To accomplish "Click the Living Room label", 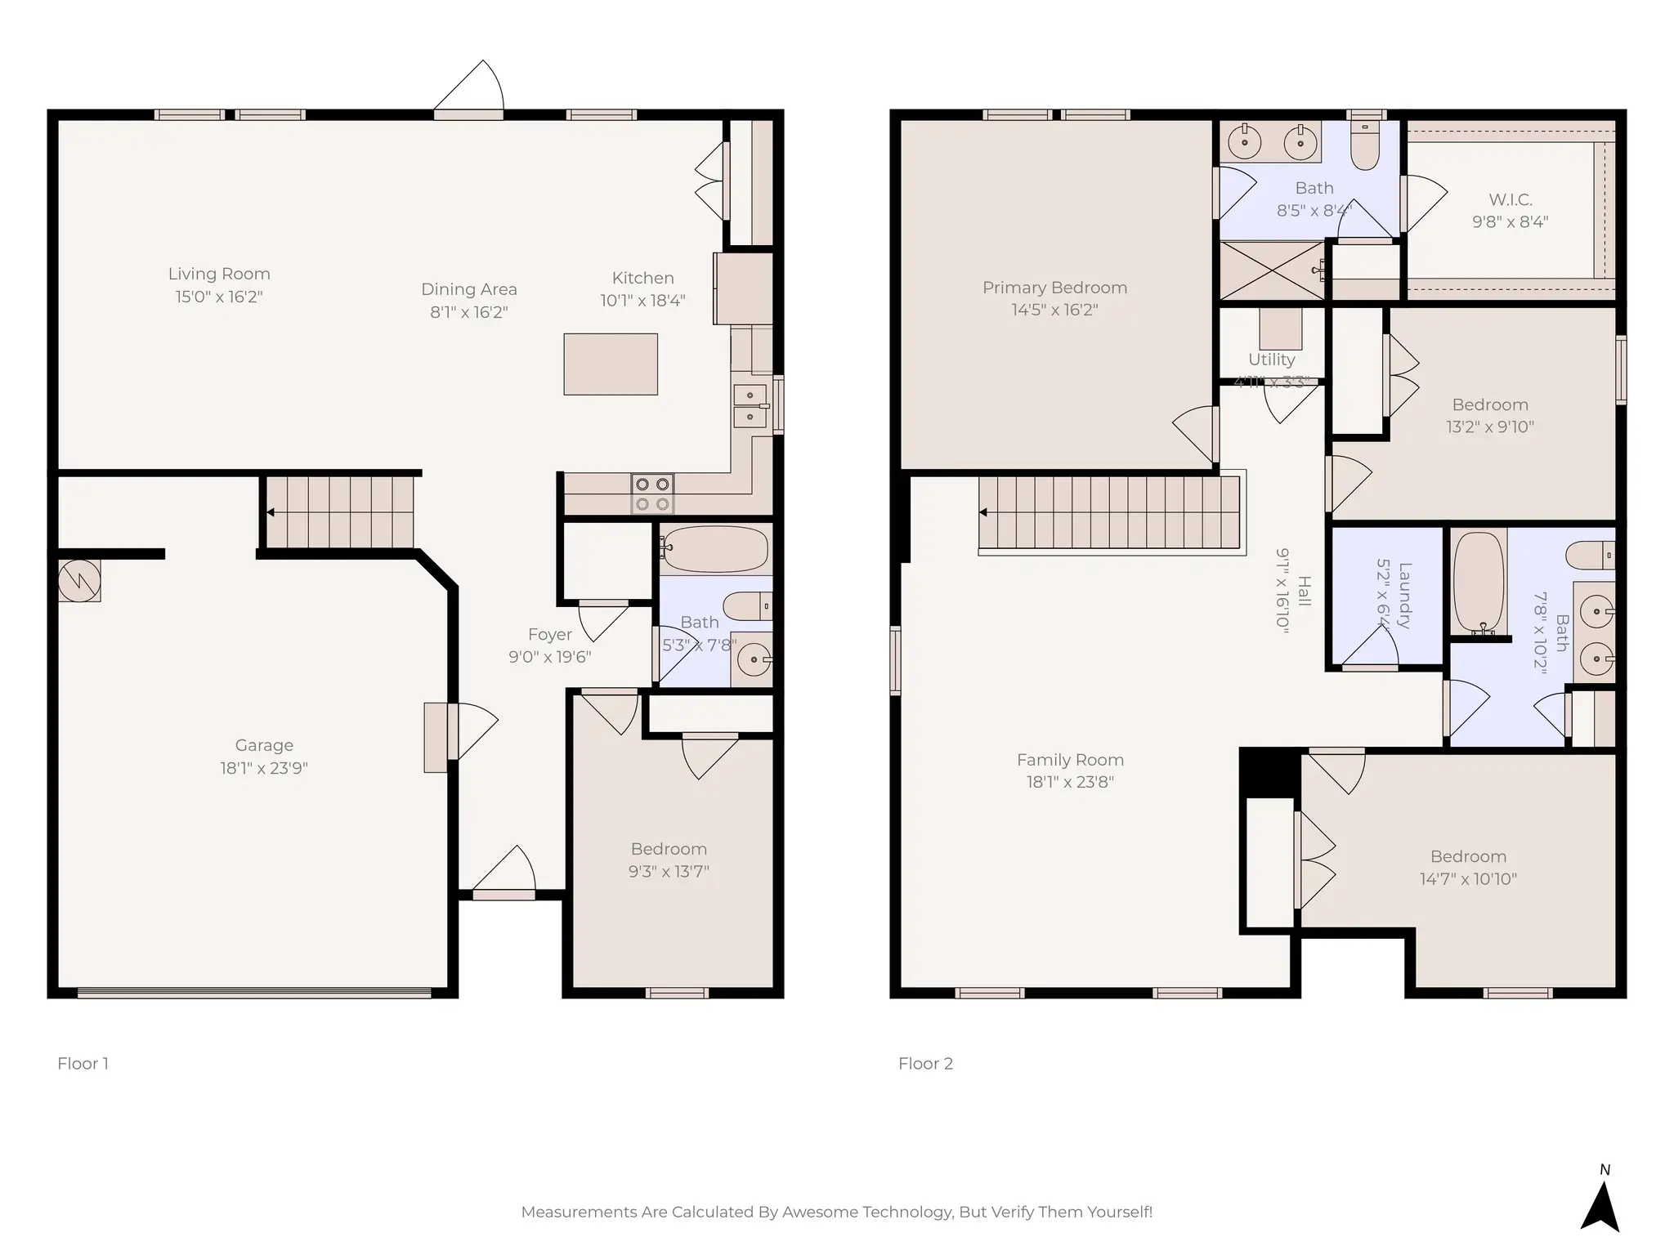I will tap(219, 275).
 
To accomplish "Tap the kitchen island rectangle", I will tap(611, 364).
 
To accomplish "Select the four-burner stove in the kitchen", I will tap(652, 494).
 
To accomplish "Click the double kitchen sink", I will tap(750, 406).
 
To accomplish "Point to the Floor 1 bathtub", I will tap(715, 549).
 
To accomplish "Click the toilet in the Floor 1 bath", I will tap(747, 606).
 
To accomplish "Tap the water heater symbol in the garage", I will tap(79, 581).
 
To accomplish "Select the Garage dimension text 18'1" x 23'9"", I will tap(263, 768).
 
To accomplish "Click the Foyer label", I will tap(549, 635).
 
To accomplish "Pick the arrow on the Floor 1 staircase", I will tap(270, 512).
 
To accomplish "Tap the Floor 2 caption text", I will tap(925, 1064).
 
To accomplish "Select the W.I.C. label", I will tap(1510, 200).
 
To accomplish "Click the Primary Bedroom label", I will tap(1054, 288).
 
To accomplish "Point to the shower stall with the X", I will tap(1271, 270).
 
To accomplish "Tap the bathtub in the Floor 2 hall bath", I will tap(1479, 583).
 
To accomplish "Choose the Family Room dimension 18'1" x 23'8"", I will tap(1070, 782).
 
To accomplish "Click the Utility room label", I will tap(1271, 360).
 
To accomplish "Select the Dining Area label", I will tap(468, 289).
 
